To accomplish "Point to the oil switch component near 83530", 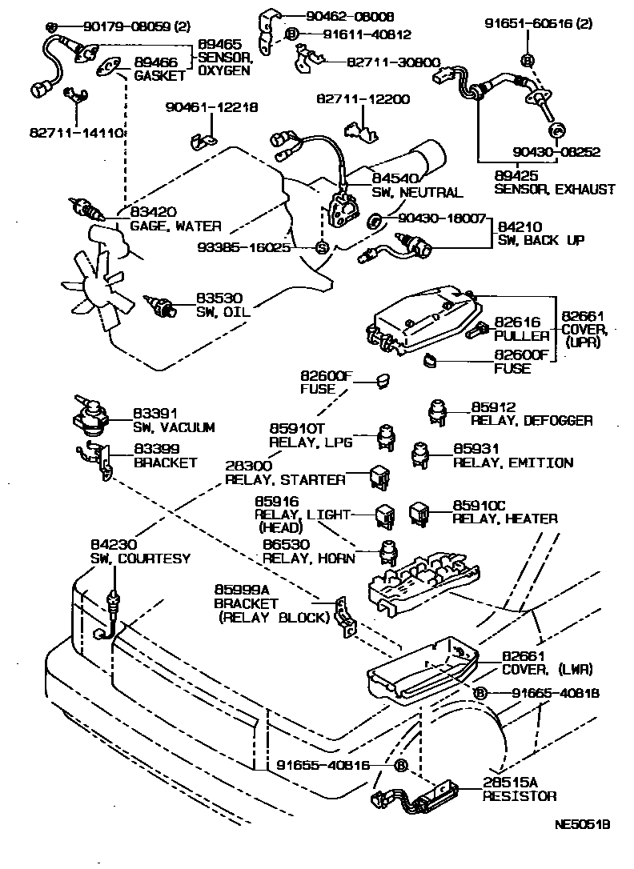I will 163,305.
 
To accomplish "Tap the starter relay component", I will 379,476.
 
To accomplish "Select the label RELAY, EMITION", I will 512,463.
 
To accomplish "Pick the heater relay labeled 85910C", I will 420,511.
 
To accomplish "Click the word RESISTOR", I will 519,797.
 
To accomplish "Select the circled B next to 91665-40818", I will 479,692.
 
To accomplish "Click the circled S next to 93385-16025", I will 321,247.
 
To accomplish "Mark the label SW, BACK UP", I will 540,240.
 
